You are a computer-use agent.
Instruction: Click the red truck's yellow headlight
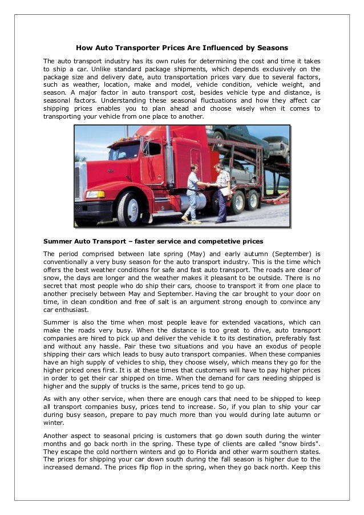(x=95, y=194)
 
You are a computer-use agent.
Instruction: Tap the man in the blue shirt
(x=193, y=193)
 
